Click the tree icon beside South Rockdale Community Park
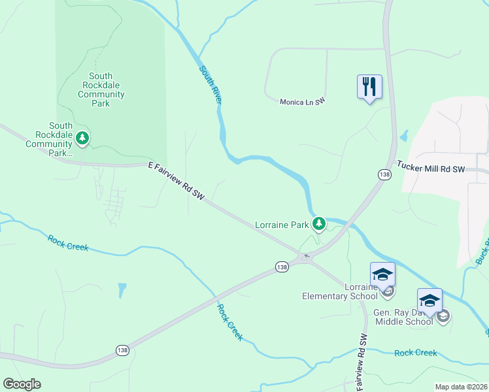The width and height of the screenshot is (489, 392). pyautogui.click(x=82, y=138)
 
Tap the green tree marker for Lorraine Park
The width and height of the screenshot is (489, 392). pyautogui.click(x=319, y=225)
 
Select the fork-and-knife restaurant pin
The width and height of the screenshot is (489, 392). pyautogui.click(x=369, y=87)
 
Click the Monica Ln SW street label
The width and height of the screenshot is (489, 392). pyautogui.click(x=302, y=102)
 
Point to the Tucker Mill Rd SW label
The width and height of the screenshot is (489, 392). pyautogui.click(x=430, y=169)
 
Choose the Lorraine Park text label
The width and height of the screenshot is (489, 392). pyautogui.click(x=281, y=225)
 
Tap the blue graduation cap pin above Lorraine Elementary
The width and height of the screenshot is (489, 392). pyautogui.click(x=382, y=274)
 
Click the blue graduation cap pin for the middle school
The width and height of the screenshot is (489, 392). pyautogui.click(x=430, y=301)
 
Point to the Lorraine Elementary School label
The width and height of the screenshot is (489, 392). pyautogui.click(x=339, y=291)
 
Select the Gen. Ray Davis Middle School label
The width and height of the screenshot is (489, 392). pyautogui.click(x=403, y=317)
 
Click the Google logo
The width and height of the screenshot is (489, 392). pyautogui.click(x=22, y=384)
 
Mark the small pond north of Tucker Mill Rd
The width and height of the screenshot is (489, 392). pyautogui.click(x=403, y=137)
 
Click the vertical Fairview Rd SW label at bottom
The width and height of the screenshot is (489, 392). pyautogui.click(x=362, y=363)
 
